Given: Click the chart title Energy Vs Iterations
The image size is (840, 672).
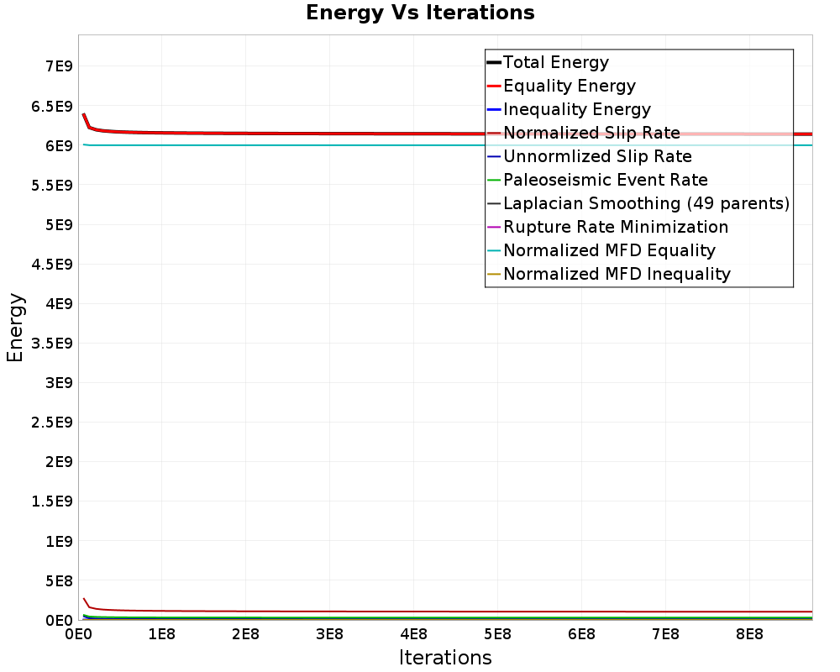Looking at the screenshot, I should pos(420,13).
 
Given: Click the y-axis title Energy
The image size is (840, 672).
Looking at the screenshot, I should pos(15,328).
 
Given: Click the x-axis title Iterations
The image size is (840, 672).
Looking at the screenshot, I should pos(445,657).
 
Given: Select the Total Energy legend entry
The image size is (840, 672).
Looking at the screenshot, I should pos(555,62).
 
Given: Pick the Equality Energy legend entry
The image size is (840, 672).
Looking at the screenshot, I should pos(569,86).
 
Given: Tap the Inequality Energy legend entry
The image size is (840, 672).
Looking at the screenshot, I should pos(576,109).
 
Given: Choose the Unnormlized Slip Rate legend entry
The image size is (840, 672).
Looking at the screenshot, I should pos(597,156).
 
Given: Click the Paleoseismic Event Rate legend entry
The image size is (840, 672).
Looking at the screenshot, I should pos(605,180).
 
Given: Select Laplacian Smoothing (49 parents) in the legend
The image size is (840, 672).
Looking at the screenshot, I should pos(646,203).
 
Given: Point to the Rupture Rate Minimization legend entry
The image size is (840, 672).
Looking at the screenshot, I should pos(616,227).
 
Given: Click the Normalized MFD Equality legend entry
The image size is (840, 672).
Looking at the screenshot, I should pos(609,250).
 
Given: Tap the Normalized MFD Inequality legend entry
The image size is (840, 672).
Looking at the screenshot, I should pos(617,274).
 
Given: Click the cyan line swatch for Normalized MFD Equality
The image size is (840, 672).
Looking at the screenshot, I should pos(494,250).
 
